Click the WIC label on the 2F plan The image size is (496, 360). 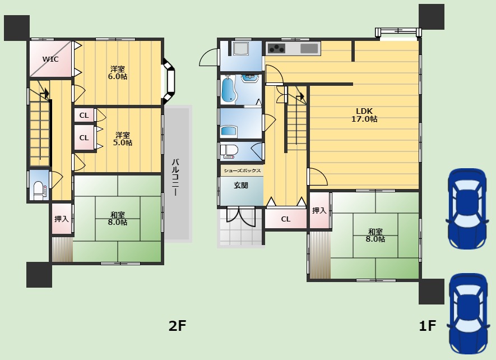click(50, 59)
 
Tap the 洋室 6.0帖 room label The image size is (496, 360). click(118, 72)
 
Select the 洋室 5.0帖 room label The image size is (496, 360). click(123, 139)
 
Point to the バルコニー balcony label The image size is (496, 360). click(175, 178)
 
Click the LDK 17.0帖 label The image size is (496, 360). click(364, 115)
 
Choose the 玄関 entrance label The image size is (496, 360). click(241, 185)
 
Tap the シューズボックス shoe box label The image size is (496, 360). click(242, 170)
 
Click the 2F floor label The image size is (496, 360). click(177, 325)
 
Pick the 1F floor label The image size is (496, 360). click(428, 325)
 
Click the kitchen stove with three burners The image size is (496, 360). click(276, 48)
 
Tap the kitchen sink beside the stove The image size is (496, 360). click(309, 48)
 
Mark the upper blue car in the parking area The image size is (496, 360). click(467, 209)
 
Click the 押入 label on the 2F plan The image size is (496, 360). click(62, 219)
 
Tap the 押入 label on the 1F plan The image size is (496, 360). click(319, 210)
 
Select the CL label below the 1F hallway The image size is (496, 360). click(286, 219)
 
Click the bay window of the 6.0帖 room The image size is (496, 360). click(169, 81)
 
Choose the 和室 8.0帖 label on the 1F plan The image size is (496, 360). click(376, 236)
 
